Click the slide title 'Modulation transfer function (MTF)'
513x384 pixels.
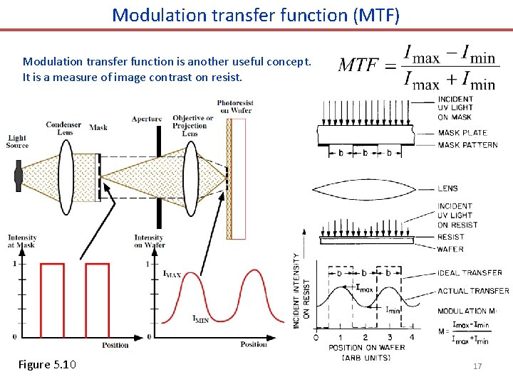tap(256, 14)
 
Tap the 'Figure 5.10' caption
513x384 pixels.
tap(47, 365)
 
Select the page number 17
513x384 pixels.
tap(477, 366)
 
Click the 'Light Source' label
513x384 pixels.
tap(18, 142)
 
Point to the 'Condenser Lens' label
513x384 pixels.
tap(63, 128)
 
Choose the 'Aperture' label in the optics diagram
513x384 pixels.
tap(147, 119)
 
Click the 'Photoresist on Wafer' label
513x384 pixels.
tap(235, 107)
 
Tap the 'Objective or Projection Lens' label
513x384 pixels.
tap(193, 125)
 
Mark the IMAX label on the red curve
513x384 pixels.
tap(172, 274)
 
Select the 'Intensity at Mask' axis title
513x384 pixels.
tap(22, 242)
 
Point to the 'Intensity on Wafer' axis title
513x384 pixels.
tap(149, 242)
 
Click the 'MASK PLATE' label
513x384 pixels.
tap(462, 132)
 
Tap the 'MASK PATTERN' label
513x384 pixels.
tap(468, 145)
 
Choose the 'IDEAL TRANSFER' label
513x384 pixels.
tap(470, 272)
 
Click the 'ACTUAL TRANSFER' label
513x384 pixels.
tap(473, 291)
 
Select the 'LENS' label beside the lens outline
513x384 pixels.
tap(448, 188)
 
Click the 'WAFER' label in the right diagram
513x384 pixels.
tap(450, 249)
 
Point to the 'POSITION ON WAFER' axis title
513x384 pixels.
tap(366, 348)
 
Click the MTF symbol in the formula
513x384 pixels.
tap(358, 65)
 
